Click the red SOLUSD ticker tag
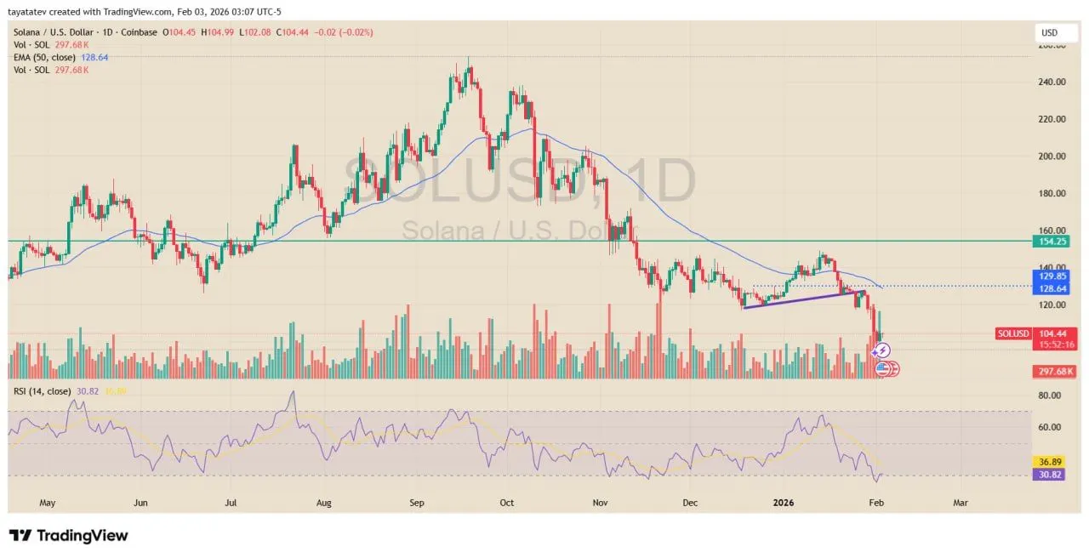point(1013,333)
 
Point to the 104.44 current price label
point(1055,333)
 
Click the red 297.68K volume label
point(1055,372)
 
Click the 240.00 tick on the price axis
point(1052,83)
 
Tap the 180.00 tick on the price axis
point(1052,194)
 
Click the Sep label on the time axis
point(416,503)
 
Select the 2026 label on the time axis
point(784,503)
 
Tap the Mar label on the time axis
point(961,503)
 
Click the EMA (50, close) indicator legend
point(44,58)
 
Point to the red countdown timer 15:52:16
point(1055,344)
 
